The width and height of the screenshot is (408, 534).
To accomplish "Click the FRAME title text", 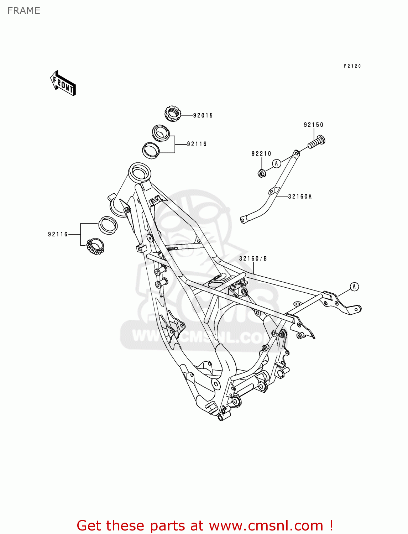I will tap(24, 11).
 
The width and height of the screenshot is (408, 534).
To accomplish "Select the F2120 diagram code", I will tap(352, 66).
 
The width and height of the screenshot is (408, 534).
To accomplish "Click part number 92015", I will tap(203, 115).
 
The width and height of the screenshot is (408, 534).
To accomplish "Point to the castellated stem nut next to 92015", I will tap(173, 114).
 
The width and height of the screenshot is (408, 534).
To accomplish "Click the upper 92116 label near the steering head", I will tap(197, 144).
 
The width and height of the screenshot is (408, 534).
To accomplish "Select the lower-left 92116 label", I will tap(58, 234).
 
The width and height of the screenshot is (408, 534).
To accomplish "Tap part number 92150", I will tap(314, 125).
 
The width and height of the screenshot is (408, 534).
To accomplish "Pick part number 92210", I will tap(261, 153).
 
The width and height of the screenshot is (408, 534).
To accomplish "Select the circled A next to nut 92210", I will tap(277, 163).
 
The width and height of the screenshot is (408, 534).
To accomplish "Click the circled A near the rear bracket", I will tap(354, 287).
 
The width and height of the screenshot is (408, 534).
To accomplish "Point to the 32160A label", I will tap(300, 196).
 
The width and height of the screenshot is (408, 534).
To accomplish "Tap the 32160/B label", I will tap(253, 258).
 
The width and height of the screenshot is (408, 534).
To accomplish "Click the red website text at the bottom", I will tap(205, 525).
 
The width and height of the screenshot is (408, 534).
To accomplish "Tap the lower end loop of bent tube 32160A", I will tap(244, 220).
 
